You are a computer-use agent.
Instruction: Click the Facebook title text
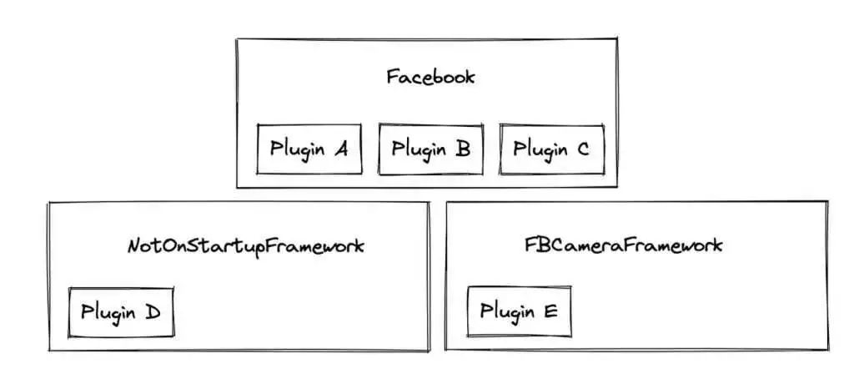click(430, 78)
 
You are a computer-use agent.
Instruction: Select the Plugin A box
click(309, 149)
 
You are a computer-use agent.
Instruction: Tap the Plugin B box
click(430, 149)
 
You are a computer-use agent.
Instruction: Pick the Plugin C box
click(551, 149)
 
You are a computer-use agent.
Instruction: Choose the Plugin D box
click(121, 312)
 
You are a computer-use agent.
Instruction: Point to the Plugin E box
click(519, 312)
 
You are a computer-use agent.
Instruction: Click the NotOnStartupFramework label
click(246, 247)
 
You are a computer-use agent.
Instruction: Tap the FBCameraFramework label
click(623, 246)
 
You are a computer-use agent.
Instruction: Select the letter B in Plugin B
click(462, 149)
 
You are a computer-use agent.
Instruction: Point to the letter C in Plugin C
click(582, 149)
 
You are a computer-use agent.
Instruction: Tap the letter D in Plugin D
click(152, 312)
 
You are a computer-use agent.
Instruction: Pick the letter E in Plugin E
click(550, 312)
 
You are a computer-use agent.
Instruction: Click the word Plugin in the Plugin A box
click(296, 150)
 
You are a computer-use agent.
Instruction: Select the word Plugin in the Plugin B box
click(418, 150)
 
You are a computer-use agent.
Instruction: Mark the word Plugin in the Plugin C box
click(539, 150)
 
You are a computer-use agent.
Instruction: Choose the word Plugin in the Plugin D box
click(108, 313)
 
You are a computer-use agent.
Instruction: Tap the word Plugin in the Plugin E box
click(506, 313)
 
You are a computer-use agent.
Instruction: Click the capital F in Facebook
click(392, 78)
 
